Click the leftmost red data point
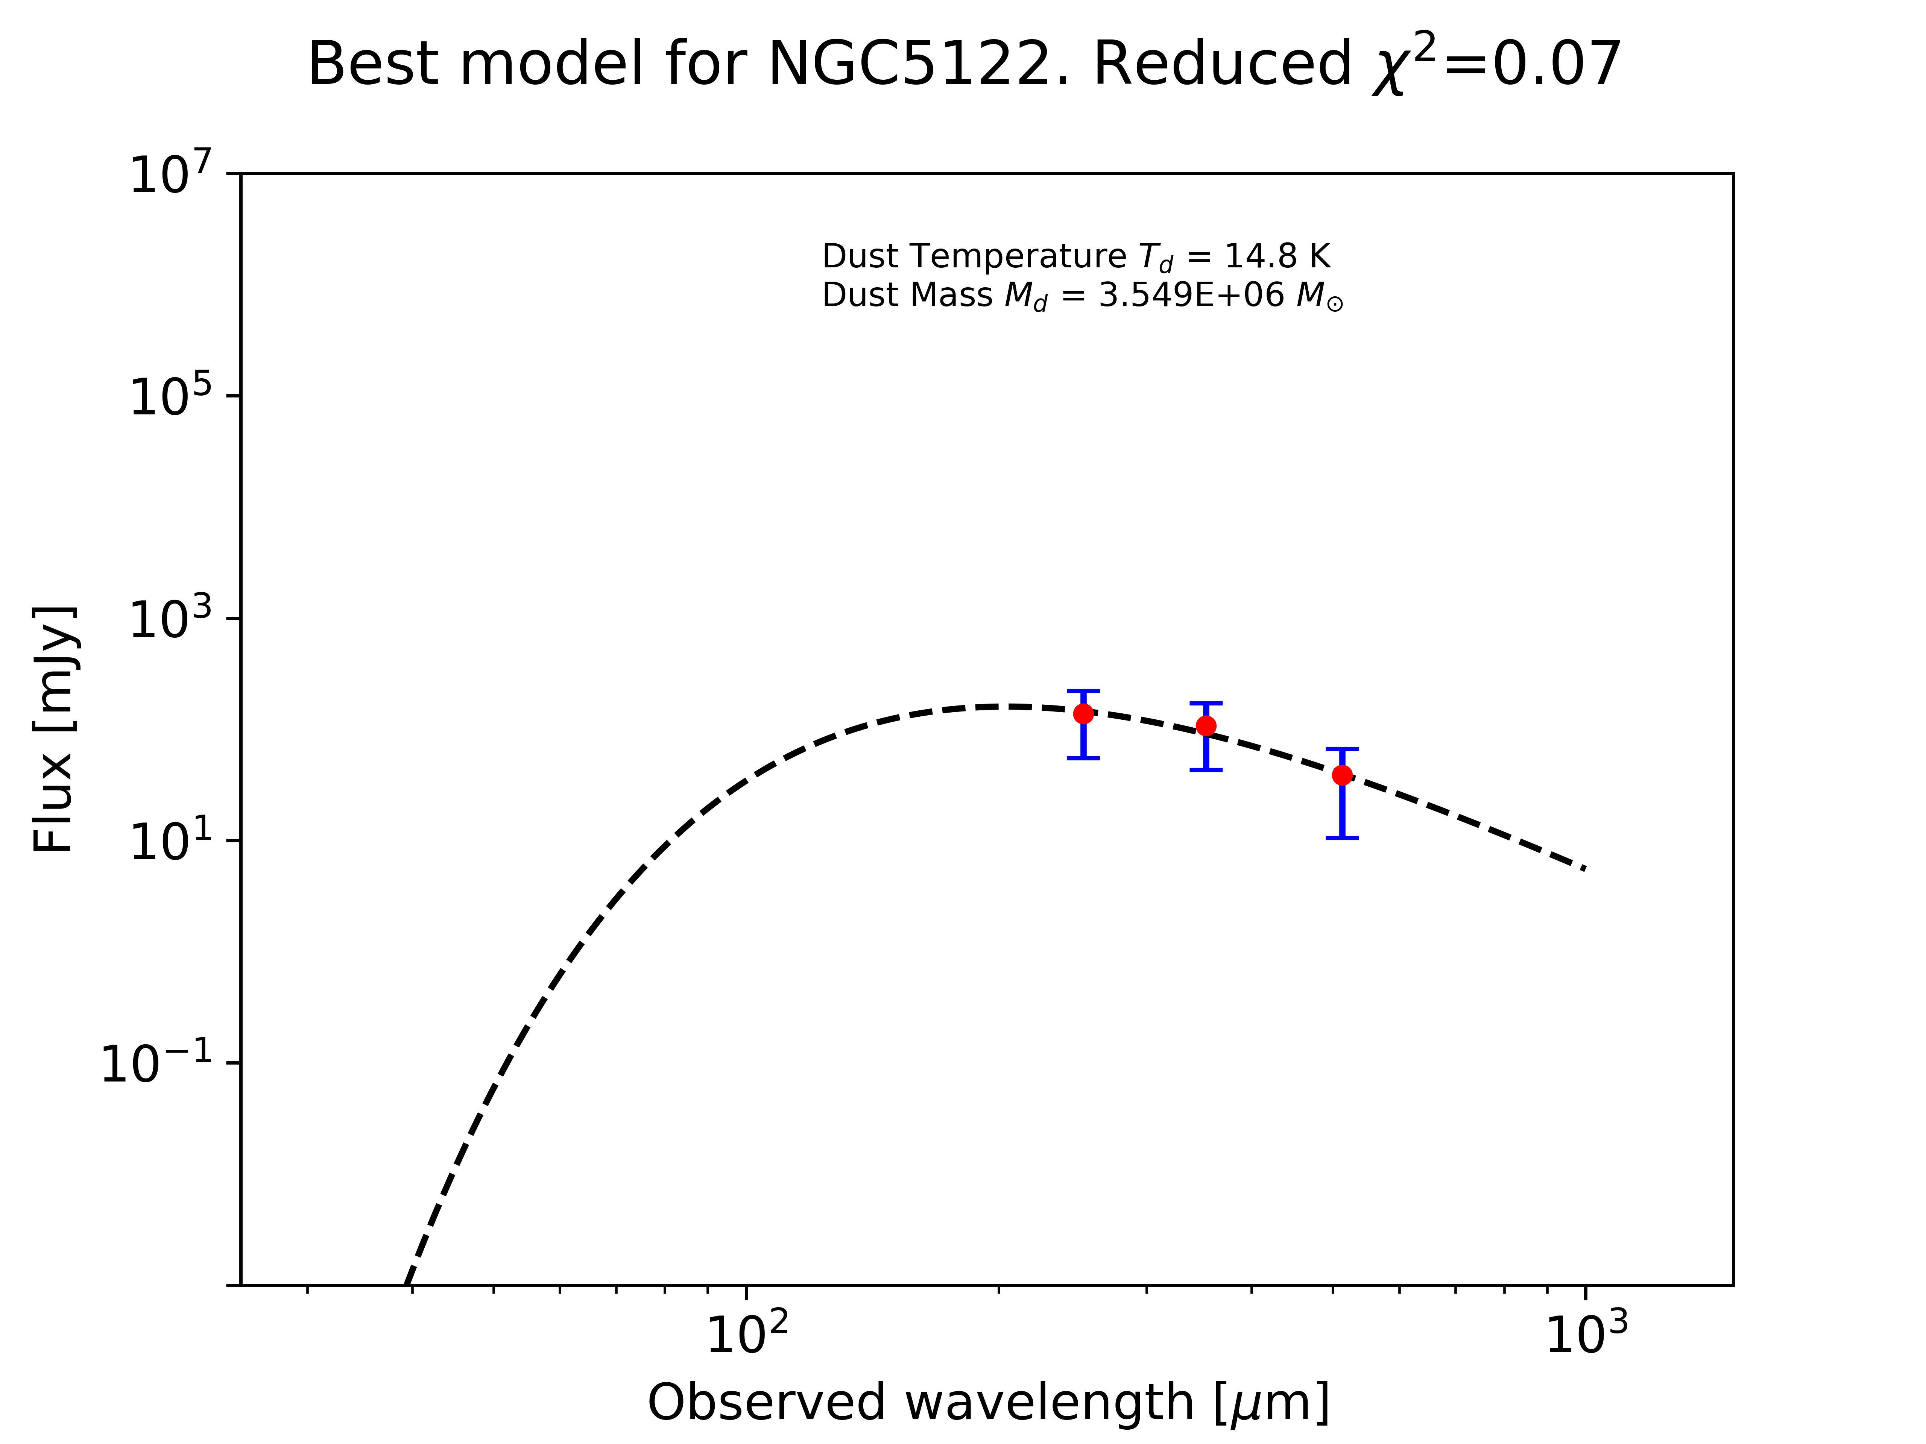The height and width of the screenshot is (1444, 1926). coord(1083,714)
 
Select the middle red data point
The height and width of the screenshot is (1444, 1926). coord(1206,726)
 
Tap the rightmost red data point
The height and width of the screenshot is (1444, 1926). coord(1343,775)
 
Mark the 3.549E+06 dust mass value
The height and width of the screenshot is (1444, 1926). coord(1191,296)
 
